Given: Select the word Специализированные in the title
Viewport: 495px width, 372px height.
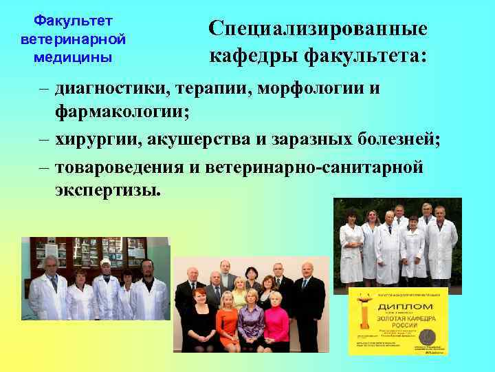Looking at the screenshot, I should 318,28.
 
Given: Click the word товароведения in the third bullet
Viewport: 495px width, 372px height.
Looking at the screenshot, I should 117,168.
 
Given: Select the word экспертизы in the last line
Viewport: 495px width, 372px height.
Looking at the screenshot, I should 109,189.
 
